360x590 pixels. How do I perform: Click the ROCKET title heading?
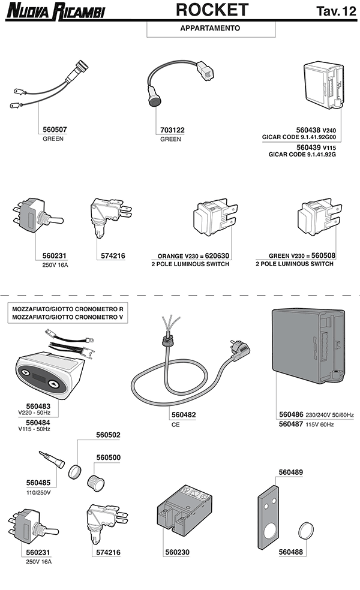212,10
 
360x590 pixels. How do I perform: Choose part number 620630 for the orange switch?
217,255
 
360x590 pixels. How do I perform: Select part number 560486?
292,414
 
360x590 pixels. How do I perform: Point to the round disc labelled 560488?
307,529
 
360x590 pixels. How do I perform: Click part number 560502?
108,435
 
